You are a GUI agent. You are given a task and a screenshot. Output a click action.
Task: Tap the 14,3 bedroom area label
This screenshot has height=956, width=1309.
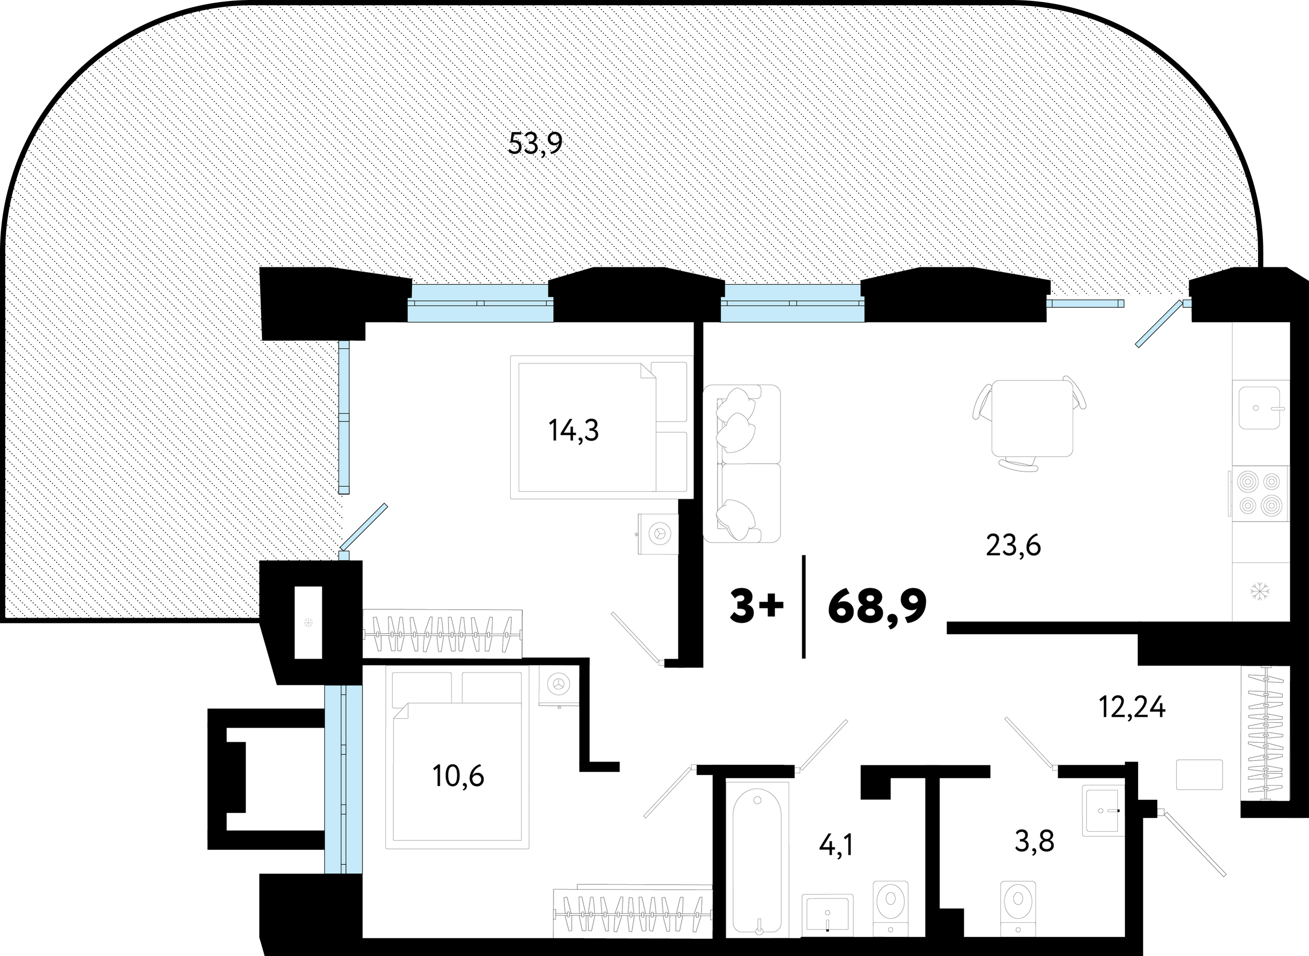click(x=574, y=430)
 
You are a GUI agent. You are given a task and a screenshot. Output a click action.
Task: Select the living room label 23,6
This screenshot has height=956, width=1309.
click(x=1013, y=545)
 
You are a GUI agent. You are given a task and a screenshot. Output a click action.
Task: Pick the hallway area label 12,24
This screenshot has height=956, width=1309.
click(x=1132, y=707)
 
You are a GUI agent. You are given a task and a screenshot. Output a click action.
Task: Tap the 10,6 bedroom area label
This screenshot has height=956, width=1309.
click(x=458, y=775)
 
